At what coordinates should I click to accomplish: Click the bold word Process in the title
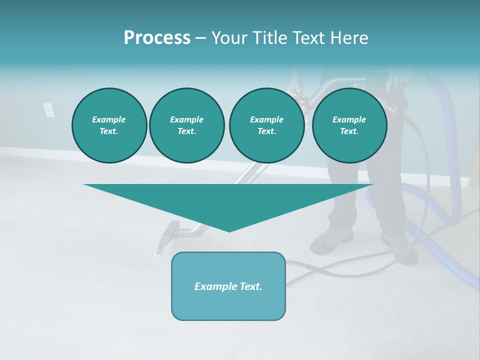tap(157, 38)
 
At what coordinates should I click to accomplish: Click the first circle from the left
tap(109, 125)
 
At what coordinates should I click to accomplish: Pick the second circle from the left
tap(186, 125)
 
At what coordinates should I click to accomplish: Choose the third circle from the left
tap(266, 125)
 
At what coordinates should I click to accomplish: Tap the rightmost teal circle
tap(349, 125)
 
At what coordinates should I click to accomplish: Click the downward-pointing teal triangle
tap(228, 200)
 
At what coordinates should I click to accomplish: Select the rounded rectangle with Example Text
tap(228, 286)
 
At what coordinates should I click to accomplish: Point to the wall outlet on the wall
tap(48, 109)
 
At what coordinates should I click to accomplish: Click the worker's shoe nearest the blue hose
tap(400, 247)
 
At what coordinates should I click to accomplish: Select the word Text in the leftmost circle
tap(109, 131)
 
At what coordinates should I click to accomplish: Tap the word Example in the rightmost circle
tap(349, 119)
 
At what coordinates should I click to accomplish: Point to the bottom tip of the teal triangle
tap(229, 231)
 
